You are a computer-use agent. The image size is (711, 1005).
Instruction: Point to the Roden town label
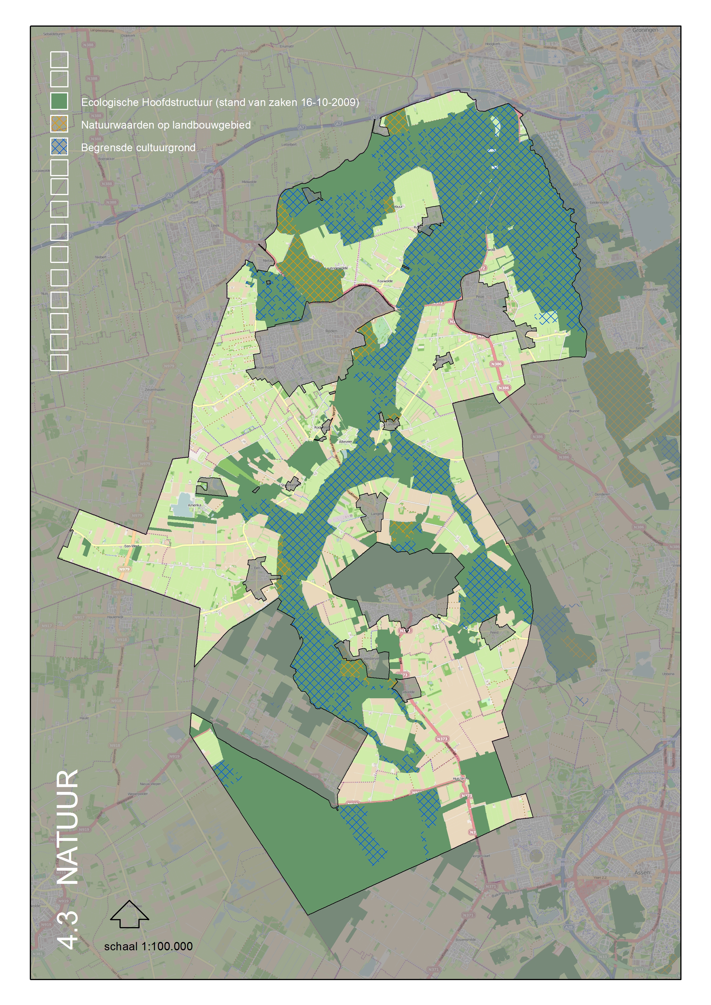331,331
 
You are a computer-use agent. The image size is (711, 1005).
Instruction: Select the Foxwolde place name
385,281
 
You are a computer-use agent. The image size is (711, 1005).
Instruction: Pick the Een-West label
132,546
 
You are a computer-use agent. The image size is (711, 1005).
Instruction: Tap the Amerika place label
195,505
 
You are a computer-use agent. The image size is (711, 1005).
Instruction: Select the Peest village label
494,632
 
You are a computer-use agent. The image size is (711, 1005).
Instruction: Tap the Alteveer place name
345,442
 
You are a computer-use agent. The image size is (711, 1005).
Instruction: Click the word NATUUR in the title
68,827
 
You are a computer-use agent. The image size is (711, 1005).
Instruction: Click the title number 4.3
68,930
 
